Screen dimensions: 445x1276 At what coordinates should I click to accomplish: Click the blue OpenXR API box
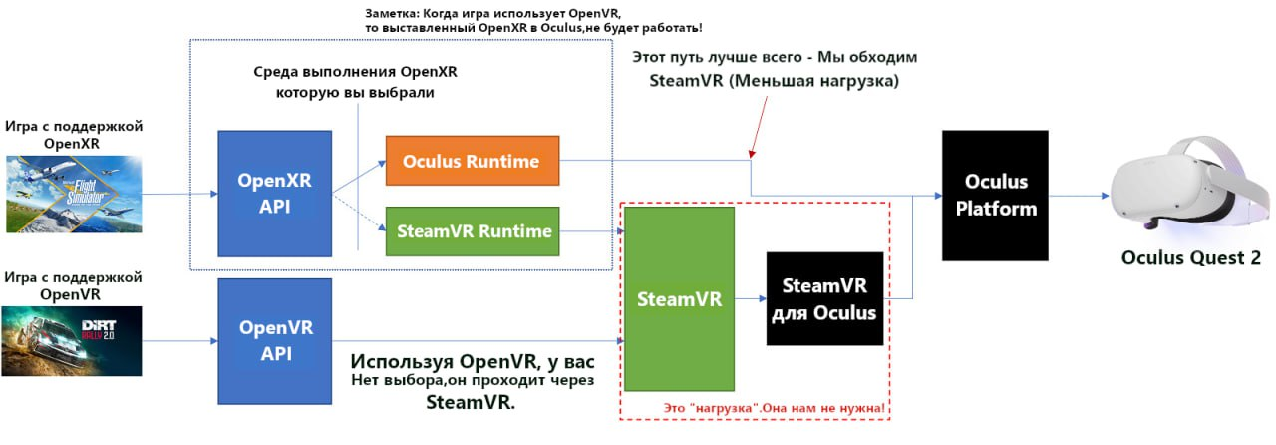point(275,193)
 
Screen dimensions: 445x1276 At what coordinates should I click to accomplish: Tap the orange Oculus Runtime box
point(472,161)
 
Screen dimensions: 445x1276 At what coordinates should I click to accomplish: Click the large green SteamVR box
point(679,298)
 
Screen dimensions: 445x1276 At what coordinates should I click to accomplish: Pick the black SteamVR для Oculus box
point(824,299)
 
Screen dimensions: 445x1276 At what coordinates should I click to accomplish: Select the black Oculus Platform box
point(995,195)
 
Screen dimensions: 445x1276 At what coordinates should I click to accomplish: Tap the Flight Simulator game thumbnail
point(73,193)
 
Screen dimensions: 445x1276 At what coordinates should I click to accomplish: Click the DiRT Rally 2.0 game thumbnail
point(73,342)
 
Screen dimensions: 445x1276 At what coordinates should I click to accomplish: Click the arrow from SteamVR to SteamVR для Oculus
point(750,298)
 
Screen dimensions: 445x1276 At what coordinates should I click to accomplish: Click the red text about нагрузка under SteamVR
point(775,409)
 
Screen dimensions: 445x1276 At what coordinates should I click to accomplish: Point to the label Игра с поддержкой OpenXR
point(74,134)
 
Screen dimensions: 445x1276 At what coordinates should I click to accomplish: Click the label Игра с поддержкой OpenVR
point(74,284)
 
